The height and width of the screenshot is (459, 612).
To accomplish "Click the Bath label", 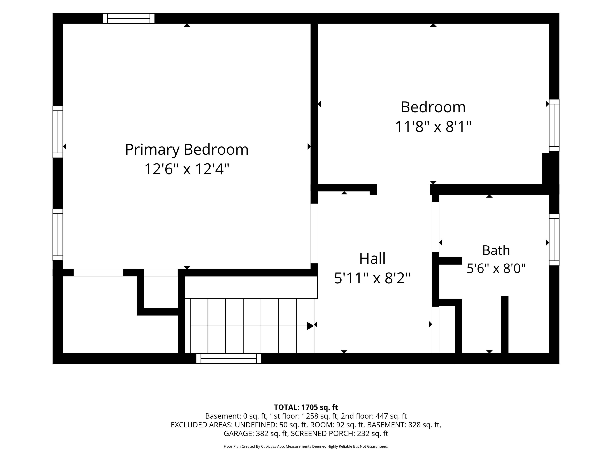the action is (x=496, y=250).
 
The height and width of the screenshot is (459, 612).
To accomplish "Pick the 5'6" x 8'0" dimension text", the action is (x=496, y=268).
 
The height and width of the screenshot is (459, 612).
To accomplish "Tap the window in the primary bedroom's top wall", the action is (x=129, y=18).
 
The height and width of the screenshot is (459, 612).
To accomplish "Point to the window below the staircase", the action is (x=229, y=359).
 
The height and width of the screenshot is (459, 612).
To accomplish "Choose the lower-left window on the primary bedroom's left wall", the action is (x=58, y=235).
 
